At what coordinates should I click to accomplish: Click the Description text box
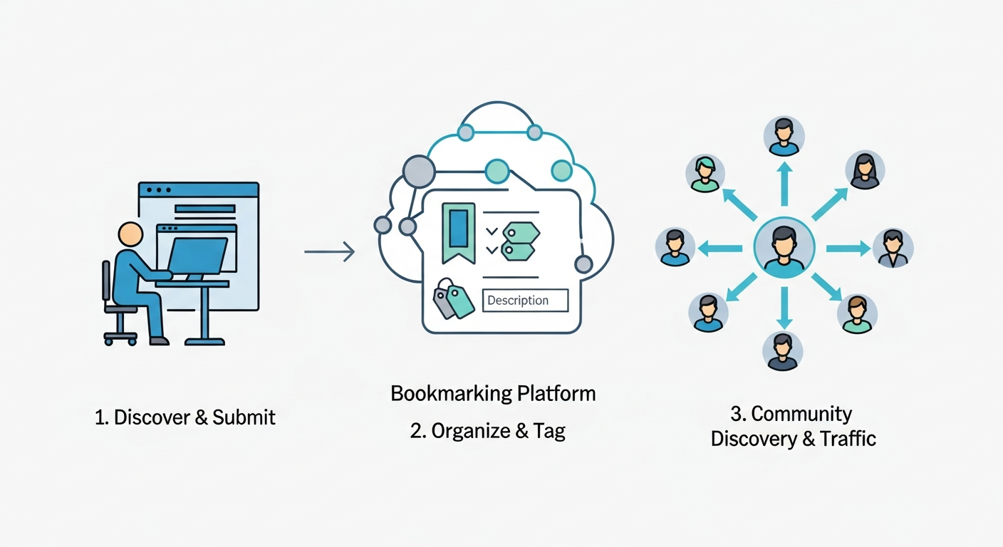pyautogui.click(x=525, y=301)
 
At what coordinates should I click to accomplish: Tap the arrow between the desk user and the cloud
pyautogui.click(x=329, y=251)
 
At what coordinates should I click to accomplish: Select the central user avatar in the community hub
pyautogui.click(x=784, y=248)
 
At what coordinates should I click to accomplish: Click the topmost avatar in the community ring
pyautogui.click(x=784, y=136)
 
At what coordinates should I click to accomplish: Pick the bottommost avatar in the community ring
pyautogui.click(x=783, y=351)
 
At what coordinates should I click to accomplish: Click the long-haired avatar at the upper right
pyautogui.click(x=865, y=170)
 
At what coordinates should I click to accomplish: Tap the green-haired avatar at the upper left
pyautogui.click(x=705, y=174)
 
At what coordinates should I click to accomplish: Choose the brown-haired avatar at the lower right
pyautogui.click(x=857, y=314)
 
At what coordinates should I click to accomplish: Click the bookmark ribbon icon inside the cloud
pyautogui.click(x=458, y=231)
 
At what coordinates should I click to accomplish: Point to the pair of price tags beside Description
pyautogui.click(x=453, y=299)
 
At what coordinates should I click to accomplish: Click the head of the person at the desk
pyautogui.click(x=130, y=234)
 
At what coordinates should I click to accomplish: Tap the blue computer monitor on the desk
pyautogui.click(x=197, y=255)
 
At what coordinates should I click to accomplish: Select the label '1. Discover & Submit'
pyautogui.click(x=185, y=417)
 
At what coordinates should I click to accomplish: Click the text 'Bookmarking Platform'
pyautogui.click(x=493, y=393)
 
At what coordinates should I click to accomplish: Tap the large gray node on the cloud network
pyautogui.click(x=418, y=171)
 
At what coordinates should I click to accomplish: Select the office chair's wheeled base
pyautogui.click(x=120, y=337)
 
